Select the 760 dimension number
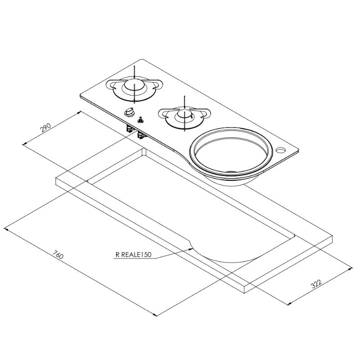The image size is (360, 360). coord(58,255)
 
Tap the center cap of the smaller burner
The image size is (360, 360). coord(183,114)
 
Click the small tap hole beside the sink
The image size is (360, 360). coord(283,149)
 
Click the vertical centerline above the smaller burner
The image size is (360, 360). coord(183,101)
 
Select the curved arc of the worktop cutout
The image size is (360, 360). coord(216,259)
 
